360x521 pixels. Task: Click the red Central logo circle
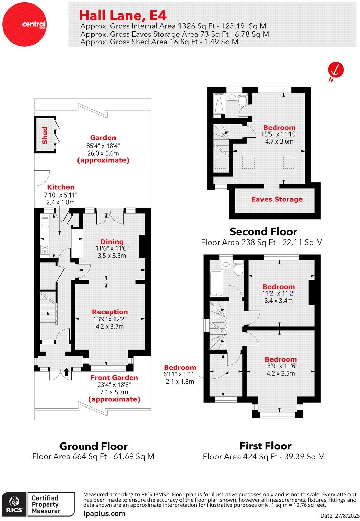pyautogui.click(x=24, y=24)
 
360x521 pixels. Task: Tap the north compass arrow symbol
pyautogui.click(x=335, y=70)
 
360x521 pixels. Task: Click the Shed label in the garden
pyautogui.click(x=45, y=135)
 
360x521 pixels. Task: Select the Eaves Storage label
pyautogui.click(x=277, y=199)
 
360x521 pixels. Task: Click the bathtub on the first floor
pyautogui.click(x=216, y=284)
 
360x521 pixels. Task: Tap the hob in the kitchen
pyautogui.click(x=45, y=249)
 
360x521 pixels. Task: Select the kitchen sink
pyautogui.click(x=45, y=222)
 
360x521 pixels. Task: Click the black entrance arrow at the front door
pyautogui.click(x=66, y=372)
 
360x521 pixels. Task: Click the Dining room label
pyautogui.click(x=112, y=242)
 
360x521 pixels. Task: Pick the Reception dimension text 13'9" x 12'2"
pyautogui.click(x=110, y=319)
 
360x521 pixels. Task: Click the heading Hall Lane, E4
pyautogui.click(x=123, y=16)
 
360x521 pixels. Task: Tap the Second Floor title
pyautogui.click(x=263, y=231)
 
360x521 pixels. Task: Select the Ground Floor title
pyautogui.click(x=93, y=446)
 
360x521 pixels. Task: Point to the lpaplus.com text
pyautogui.click(x=104, y=513)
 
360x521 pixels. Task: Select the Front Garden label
pyautogui.click(x=114, y=378)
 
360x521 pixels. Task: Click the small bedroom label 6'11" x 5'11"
pyautogui.click(x=180, y=374)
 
